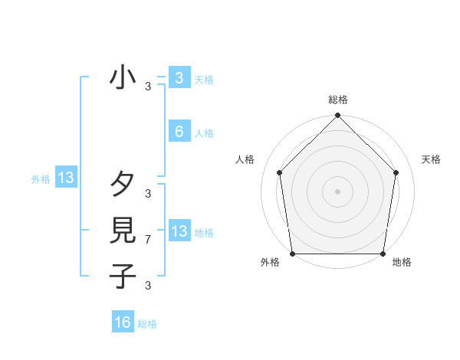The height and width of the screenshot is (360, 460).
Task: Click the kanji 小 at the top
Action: point(123,78)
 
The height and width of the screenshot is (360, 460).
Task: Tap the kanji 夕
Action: point(123,185)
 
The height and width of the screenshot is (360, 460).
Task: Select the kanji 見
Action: point(123,230)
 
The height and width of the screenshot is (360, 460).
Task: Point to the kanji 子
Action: point(123,275)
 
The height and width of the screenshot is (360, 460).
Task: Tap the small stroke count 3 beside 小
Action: point(148,87)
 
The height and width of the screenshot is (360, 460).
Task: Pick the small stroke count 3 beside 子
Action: point(148,286)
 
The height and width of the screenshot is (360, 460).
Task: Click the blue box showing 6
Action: point(179,131)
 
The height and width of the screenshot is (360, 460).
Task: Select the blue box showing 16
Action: point(123,322)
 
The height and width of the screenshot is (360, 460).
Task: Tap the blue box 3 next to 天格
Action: point(179,77)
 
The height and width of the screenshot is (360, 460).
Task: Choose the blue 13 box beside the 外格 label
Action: point(66,178)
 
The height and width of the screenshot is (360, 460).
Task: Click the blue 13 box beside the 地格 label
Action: point(179,231)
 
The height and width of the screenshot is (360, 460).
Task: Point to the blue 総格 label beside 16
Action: point(147,324)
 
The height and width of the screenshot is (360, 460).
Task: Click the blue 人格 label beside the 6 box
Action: point(204,133)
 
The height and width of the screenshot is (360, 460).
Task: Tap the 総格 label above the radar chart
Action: point(338,100)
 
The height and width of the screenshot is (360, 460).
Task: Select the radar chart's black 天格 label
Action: point(432,159)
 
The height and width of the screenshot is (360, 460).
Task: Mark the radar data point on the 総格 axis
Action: point(338,116)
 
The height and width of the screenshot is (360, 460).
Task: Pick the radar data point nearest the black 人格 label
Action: point(279,172)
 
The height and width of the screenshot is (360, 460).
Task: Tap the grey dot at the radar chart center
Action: point(338,191)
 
